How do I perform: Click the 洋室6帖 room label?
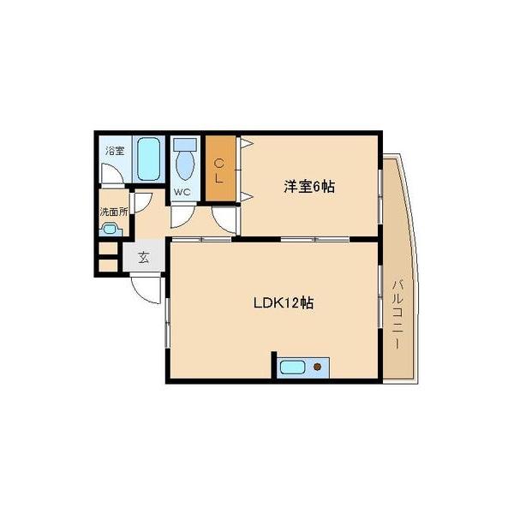[x=308, y=188]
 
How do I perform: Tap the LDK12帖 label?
[x=282, y=302]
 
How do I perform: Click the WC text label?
[x=182, y=192]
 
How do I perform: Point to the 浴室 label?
[x=114, y=151]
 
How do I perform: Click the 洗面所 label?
[x=113, y=211]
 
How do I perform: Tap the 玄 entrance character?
[x=143, y=256]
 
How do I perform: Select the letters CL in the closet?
[x=219, y=170]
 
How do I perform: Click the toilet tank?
[x=185, y=144]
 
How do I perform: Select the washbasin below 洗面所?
[x=109, y=229]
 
